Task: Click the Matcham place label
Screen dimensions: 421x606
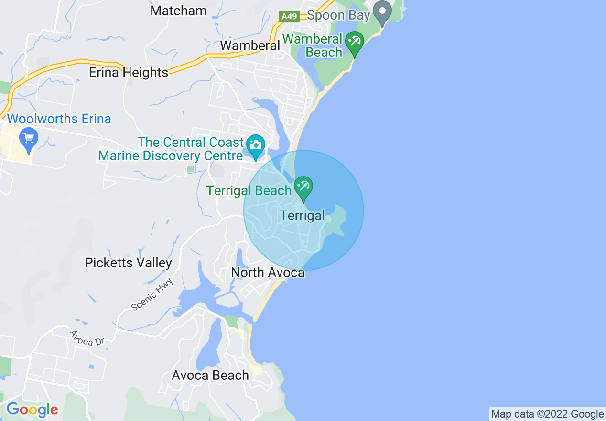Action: click(x=178, y=11)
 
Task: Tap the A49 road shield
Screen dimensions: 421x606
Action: click(x=289, y=16)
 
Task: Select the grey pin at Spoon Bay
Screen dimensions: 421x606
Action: click(x=382, y=12)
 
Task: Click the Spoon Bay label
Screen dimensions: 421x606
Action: click(x=338, y=16)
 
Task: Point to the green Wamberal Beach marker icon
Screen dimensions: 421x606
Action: click(x=355, y=42)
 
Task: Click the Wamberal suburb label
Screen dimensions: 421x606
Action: click(x=250, y=46)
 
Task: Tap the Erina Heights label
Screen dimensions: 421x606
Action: click(x=129, y=73)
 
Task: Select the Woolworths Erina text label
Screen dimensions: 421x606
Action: click(x=59, y=119)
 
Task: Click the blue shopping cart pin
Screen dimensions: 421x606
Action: click(x=29, y=139)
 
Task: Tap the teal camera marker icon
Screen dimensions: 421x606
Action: click(x=256, y=145)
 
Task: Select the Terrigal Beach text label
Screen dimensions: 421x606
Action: click(x=249, y=191)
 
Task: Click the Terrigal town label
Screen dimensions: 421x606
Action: click(x=303, y=216)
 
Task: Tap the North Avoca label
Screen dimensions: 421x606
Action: click(x=268, y=273)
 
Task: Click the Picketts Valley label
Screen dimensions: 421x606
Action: click(x=128, y=263)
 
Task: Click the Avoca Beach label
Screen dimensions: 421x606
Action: click(x=210, y=376)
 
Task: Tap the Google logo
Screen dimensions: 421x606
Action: click(x=32, y=410)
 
